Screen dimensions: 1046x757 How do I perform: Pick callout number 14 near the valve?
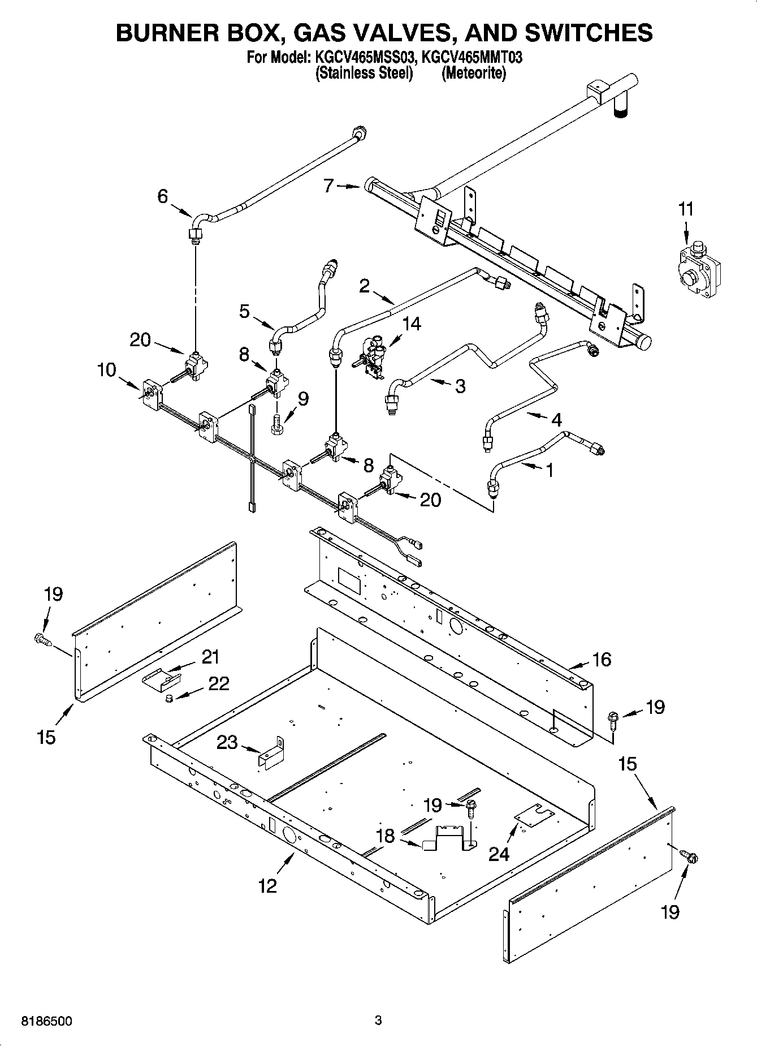(412, 324)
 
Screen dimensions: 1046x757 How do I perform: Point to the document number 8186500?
(46, 1022)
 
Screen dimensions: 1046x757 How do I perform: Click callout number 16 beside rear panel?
(602, 659)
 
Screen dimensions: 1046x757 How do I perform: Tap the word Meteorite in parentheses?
(474, 73)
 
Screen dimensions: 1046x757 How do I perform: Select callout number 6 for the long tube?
(162, 196)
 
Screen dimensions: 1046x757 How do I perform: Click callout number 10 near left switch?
(106, 370)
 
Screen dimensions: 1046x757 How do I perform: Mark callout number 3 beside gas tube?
(460, 386)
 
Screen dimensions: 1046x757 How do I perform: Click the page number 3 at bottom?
(378, 1021)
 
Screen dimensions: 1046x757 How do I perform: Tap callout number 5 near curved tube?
(244, 311)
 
